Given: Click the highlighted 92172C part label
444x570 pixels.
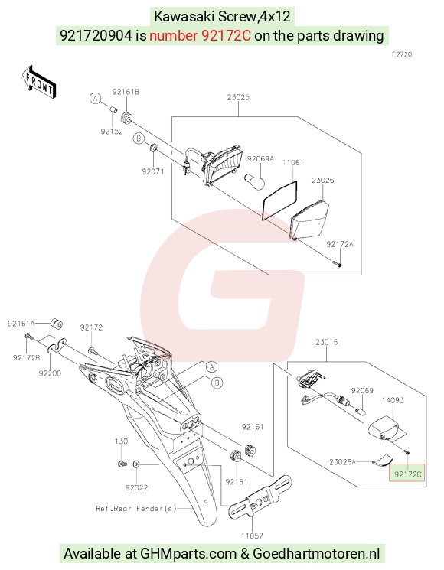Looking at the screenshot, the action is (407, 474).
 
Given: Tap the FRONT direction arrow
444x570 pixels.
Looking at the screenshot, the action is (38, 83).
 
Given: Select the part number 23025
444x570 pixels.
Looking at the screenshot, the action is (238, 97).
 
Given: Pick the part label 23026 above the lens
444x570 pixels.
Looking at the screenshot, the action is (322, 181).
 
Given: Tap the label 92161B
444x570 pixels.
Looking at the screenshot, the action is (126, 92).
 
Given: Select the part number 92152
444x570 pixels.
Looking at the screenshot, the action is (112, 132).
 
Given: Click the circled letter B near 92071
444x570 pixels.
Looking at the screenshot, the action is (139, 138).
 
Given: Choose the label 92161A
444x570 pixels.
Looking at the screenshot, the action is (21, 323).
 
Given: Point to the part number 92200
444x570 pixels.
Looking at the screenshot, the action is (51, 373).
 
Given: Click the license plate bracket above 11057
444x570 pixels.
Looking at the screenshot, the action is (260, 497).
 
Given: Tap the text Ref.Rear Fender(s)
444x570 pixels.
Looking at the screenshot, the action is (136, 509).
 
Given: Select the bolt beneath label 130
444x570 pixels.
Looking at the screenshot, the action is (122, 464).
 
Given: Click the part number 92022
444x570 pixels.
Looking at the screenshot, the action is (137, 488).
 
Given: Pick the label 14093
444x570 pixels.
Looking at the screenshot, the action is (393, 400).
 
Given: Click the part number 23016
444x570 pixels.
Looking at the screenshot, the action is (326, 342).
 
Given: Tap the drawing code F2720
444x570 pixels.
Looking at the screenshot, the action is (402, 54).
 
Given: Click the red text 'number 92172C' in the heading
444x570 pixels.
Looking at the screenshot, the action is (200, 36).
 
